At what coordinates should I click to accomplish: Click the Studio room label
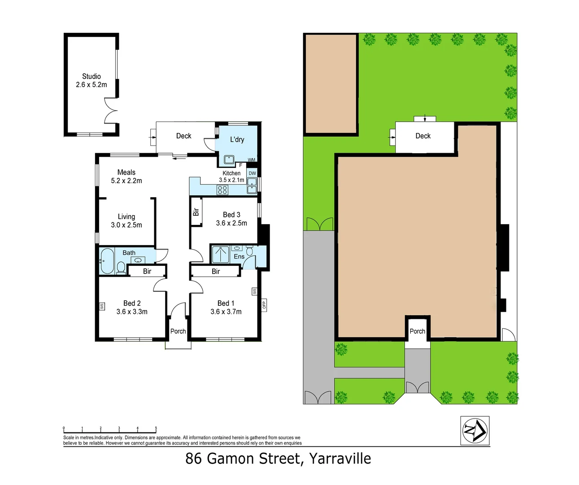click(x=91, y=76)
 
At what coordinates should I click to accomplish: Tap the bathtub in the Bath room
click(x=107, y=260)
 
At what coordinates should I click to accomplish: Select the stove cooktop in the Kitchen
click(x=222, y=190)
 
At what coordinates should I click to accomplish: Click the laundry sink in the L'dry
click(x=229, y=159)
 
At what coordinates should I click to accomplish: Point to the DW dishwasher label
click(x=252, y=173)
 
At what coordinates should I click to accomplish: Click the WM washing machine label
click(x=251, y=160)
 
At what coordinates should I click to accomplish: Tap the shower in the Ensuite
click(x=220, y=254)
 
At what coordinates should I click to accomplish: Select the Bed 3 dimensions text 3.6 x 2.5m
click(x=231, y=223)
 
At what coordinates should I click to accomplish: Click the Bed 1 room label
click(x=226, y=303)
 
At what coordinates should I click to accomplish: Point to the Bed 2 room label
click(x=132, y=303)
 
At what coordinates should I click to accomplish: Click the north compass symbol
click(x=475, y=430)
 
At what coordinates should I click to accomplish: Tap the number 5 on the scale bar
click(x=156, y=428)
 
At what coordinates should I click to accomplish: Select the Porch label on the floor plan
click(x=178, y=331)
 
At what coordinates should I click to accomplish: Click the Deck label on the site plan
click(x=422, y=136)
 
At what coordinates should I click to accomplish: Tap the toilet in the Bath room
click(x=121, y=267)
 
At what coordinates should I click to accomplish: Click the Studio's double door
click(x=111, y=111)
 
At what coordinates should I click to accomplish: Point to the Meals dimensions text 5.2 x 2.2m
click(x=126, y=181)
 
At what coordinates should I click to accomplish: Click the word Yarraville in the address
click(x=340, y=459)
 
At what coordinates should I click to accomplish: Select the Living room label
click(x=126, y=216)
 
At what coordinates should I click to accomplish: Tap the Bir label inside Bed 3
click(x=196, y=212)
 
